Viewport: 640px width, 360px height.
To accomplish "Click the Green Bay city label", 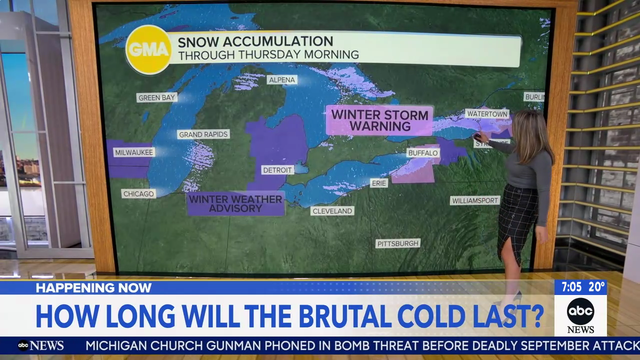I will click(156, 97).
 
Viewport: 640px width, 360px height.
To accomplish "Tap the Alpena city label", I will click(282, 80).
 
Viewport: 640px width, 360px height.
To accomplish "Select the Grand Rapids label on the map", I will click(203, 134).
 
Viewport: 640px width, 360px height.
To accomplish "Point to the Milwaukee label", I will click(133, 152).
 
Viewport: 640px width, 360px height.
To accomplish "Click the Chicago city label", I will click(138, 193).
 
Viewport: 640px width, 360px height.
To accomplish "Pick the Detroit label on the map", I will click(277, 170).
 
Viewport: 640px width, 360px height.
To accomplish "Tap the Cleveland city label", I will click(332, 211).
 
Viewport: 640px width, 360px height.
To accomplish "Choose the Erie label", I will click(379, 183).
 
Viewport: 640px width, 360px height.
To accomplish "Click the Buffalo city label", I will click(422, 153).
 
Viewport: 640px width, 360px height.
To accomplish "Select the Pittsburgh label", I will click(398, 243).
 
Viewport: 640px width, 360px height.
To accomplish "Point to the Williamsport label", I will click(475, 200).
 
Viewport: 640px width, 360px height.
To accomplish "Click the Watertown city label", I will click(487, 114).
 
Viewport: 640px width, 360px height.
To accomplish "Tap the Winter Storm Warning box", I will click(379, 120).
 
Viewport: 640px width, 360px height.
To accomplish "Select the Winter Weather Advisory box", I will click(235, 203).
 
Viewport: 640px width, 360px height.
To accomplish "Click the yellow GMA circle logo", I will click(148, 49).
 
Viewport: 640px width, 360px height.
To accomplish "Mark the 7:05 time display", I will click(571, 287).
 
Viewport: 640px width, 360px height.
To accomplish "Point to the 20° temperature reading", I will click(596, 287).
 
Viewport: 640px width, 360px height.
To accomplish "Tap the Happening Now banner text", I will click(93, 287).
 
